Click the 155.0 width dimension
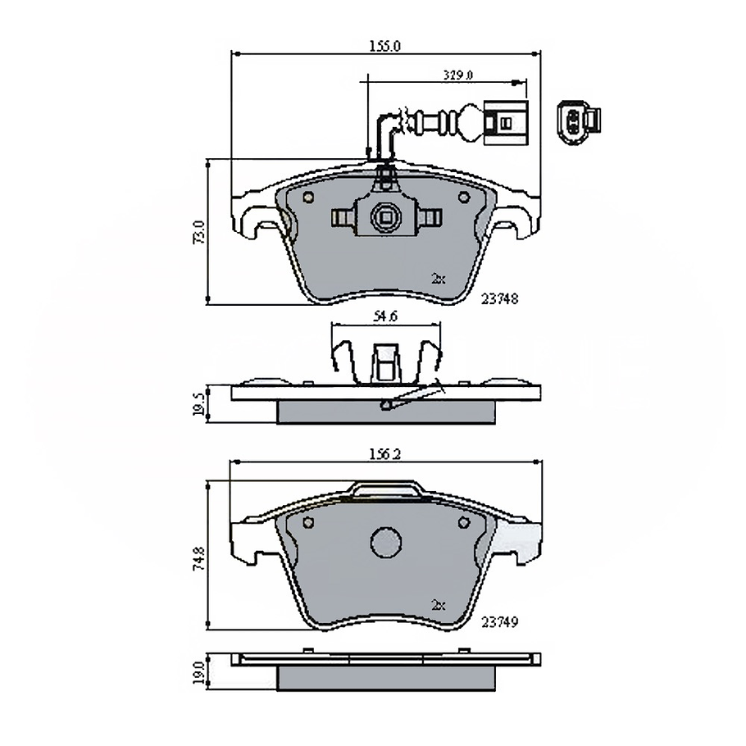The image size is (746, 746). (385, 47)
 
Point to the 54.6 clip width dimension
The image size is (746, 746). (384, 316)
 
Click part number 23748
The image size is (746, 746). (500, 299)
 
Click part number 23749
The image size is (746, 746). (500, 623)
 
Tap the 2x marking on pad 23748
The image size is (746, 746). (438, 279)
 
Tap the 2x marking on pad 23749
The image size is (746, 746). (438, 604)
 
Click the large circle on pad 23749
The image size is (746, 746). (384, 542)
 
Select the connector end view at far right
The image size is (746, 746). (578, 121)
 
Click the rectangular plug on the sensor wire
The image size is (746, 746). (504, 122)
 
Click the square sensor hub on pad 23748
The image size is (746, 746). (384, 216)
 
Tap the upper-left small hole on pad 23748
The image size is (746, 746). (308, 198)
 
